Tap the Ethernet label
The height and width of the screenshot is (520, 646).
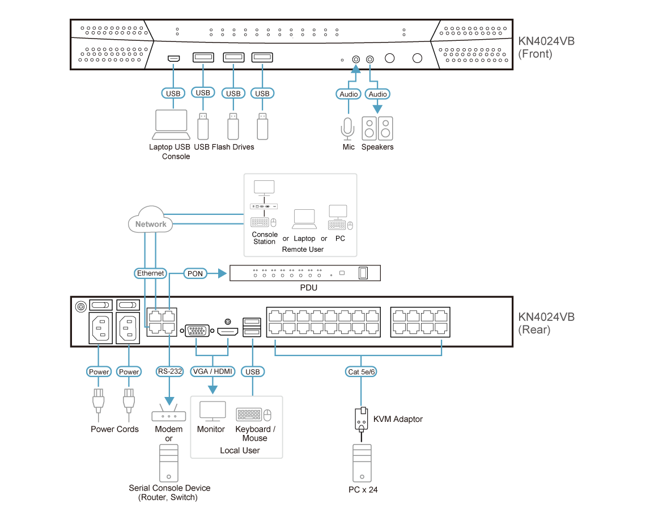click(x=151, y=273)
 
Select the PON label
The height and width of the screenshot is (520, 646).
click(x=195, y=274)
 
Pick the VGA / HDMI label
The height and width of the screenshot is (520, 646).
click(x=212, y=372)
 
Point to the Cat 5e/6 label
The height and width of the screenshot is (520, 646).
click(x=361, y=372)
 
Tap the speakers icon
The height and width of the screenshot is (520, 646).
click(x=377, y=129)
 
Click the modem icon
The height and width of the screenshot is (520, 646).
click(x=169, y=415)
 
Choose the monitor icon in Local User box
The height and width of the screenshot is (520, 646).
click(x=212, y=411)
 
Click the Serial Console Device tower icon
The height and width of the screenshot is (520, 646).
click(x=169, y=463)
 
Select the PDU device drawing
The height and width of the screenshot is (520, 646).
click(x=305, y=273)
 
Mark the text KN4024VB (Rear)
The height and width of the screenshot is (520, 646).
click(x=546, y=323)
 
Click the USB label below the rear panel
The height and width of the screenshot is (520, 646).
click(x=253, y=372)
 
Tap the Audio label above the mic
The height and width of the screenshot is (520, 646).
click(x=348, y=94)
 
